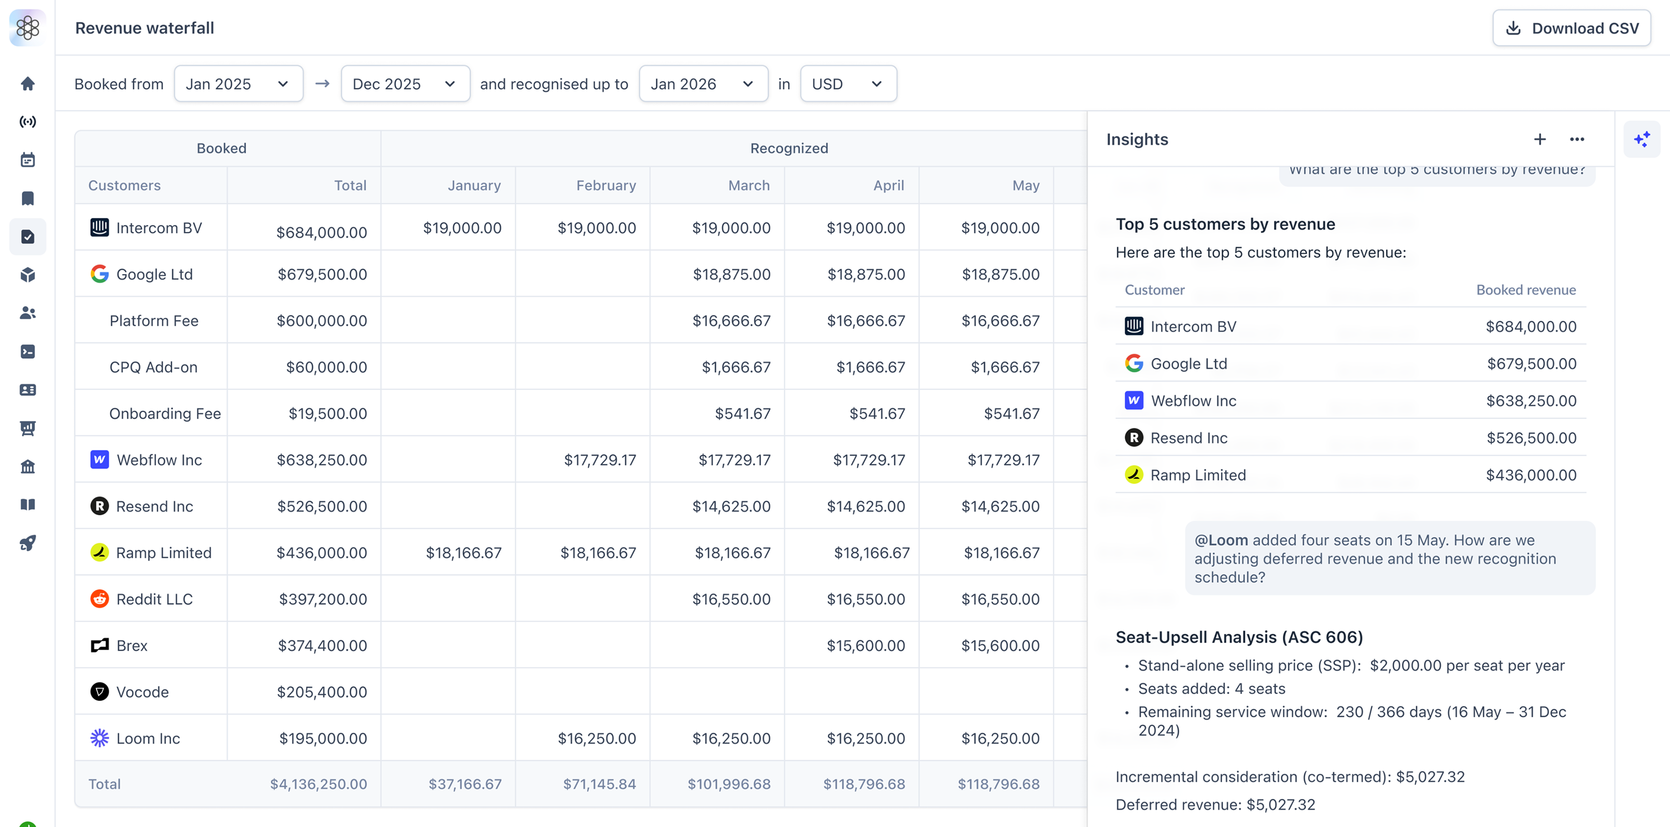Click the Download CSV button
tap(1572, 28)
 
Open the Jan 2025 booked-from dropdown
tap(238, 84)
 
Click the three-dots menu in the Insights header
tap(1577, 140)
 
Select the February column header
tap(605, 185)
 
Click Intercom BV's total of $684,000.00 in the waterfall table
tap(321, 232)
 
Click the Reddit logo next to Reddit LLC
tap(99, 599)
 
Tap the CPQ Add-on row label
tap(153, 367)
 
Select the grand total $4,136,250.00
tap(318, 784)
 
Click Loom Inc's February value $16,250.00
tap(597, 738)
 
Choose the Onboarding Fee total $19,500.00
tap(327, 414)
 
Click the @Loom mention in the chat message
tap(1221, 540)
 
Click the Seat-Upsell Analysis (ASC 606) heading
tap(1239, 637)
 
